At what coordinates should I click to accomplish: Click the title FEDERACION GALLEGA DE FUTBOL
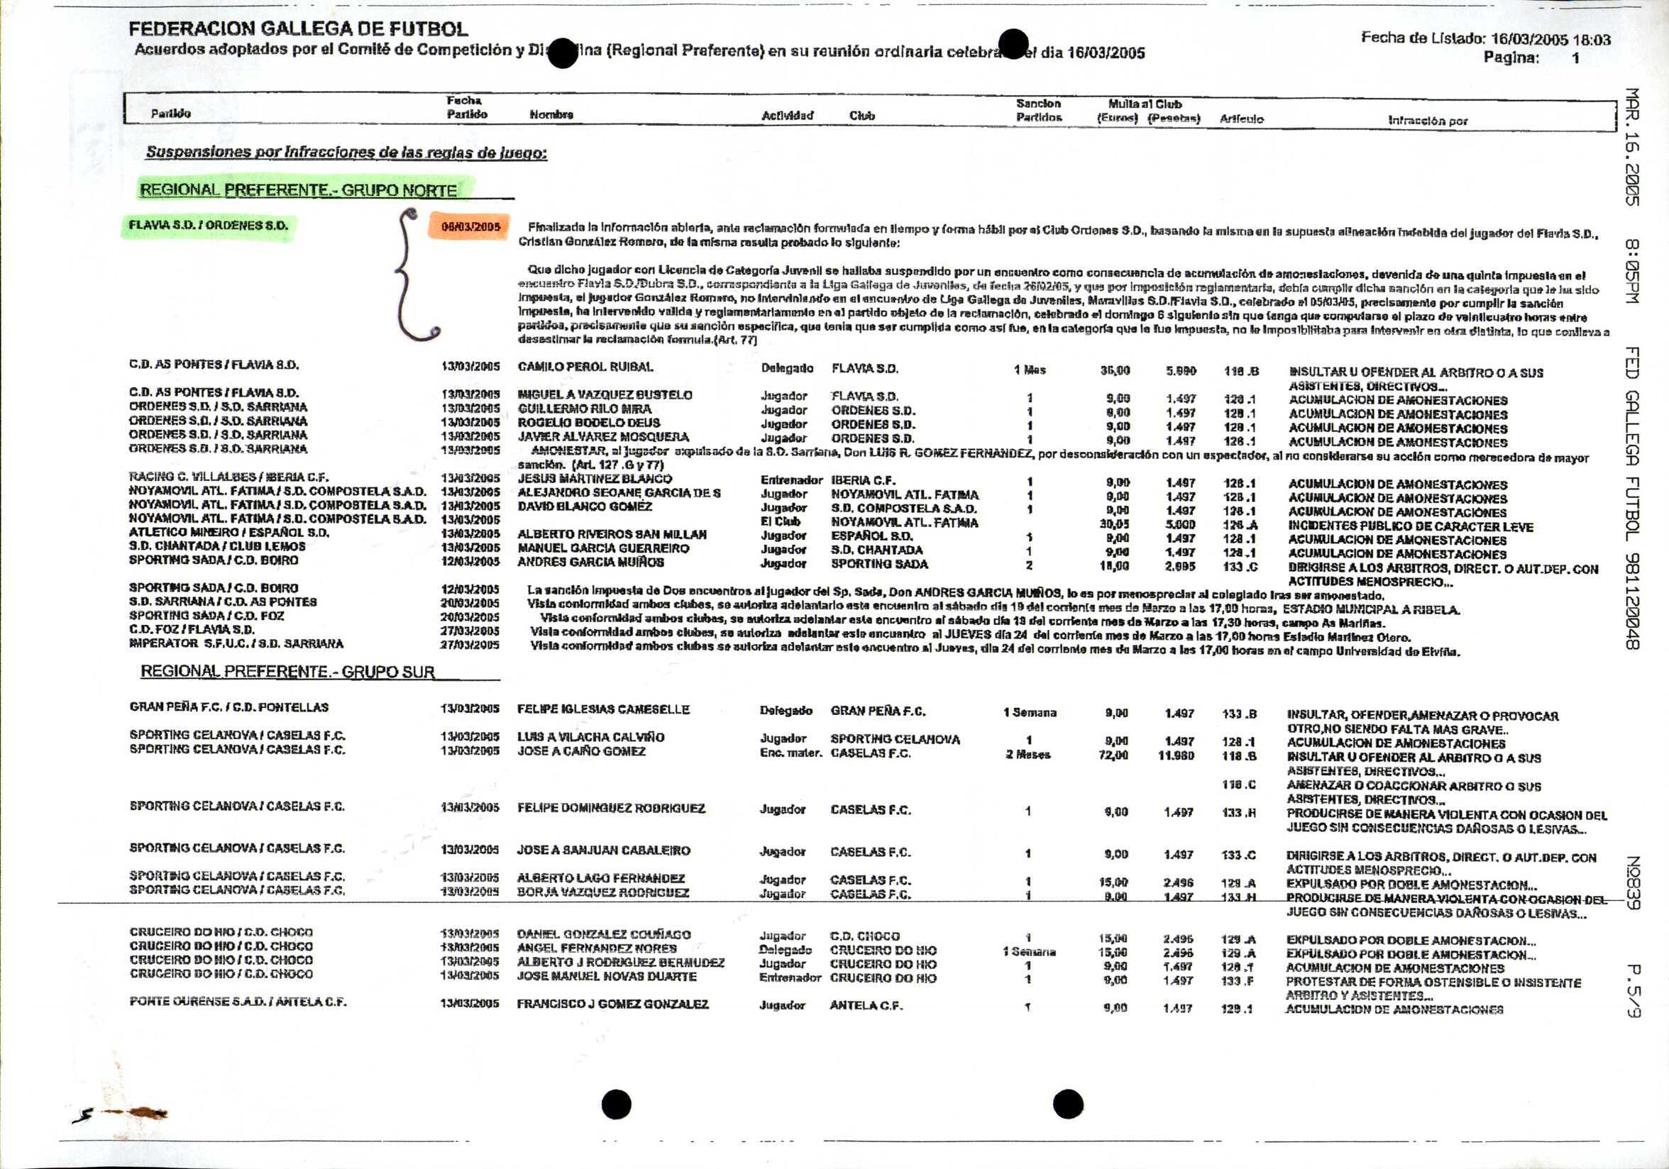click(x=298, y=29)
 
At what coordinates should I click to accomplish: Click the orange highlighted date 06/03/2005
click(x=470, y=227)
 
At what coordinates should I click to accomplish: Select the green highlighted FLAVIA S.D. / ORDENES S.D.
click(x=208, y=226)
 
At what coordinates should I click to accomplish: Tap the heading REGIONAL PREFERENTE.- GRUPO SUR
click(x=287, y=671)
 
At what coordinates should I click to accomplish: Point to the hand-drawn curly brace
click(x=411, y=275)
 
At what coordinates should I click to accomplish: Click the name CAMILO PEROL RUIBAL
click(x=585, y=367)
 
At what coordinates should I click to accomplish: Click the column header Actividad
click(x=787, y=116)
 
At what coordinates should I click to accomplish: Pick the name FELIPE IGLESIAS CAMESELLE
click(x=602, y=709)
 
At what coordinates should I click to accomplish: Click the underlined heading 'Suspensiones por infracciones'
click(x=346, y=153)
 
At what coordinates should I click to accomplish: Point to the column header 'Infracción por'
click(x=1428, y=121)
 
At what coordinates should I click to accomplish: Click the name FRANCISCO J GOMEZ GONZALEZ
click(x=612, y=1004)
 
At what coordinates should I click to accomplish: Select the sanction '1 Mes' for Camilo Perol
click(x=1030, y=370)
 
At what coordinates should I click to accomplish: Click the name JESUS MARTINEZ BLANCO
click(x=595, y=479)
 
